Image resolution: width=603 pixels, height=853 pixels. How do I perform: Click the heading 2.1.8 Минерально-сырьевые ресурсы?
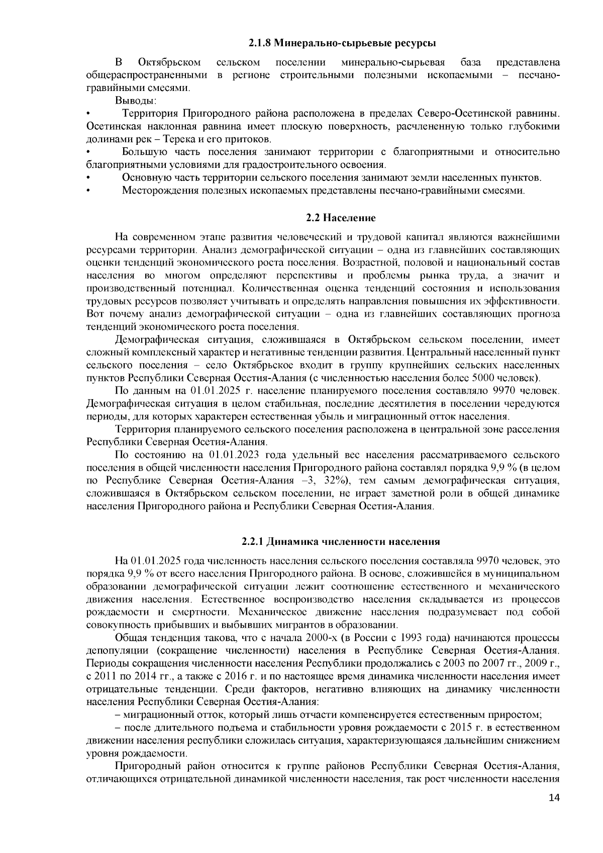[342, 43]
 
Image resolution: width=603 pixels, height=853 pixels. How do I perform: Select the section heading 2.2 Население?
[341, 218]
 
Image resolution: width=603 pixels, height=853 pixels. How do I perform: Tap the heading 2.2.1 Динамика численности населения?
[341, 541]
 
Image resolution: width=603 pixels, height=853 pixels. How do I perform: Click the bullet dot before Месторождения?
[88, 191]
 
